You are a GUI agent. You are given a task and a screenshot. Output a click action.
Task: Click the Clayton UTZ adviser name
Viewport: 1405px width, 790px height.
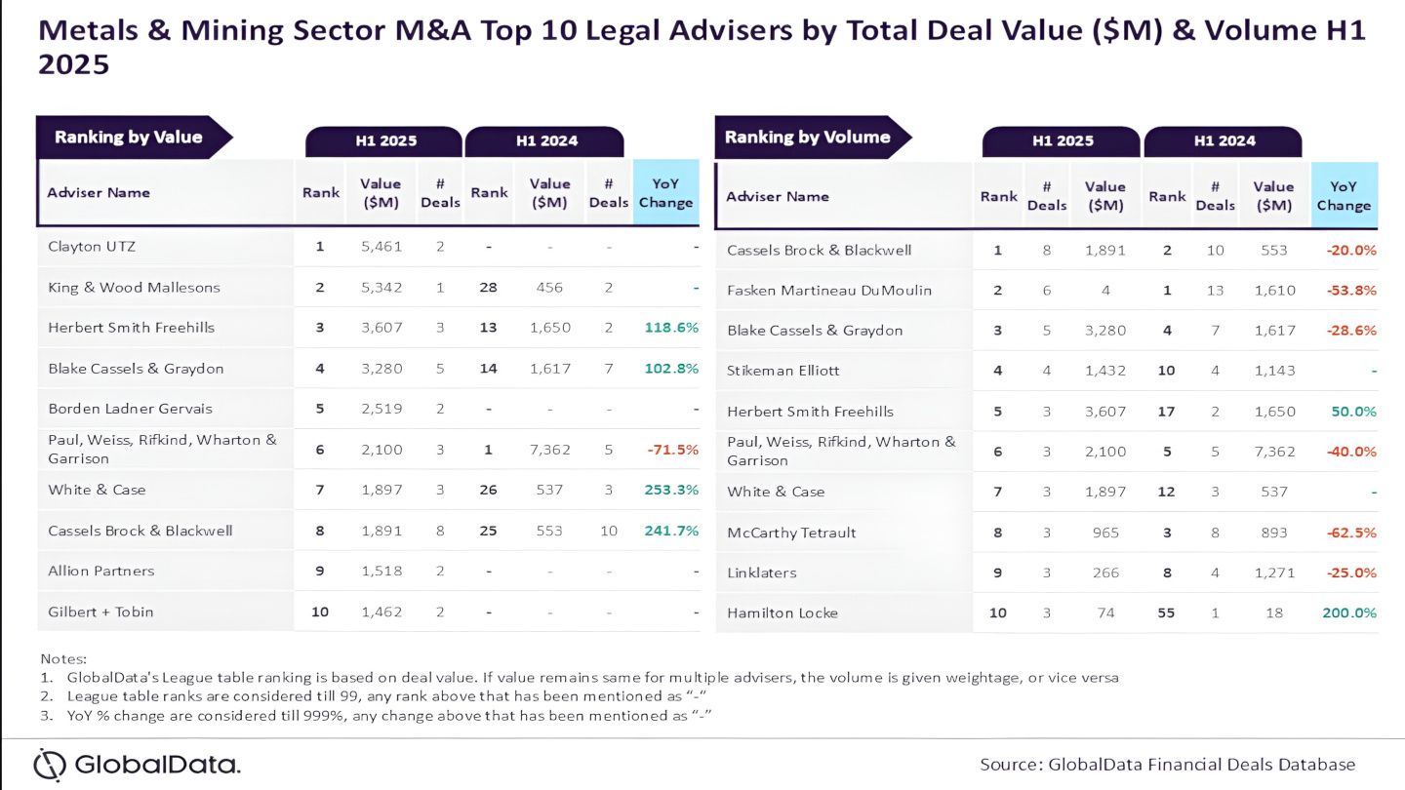(x=92, y=247)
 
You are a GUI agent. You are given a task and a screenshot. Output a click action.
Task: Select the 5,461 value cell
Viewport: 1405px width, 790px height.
(x=380, y=247)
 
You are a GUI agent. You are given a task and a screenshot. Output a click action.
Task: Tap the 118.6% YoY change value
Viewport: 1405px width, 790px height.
(x=671, y=328)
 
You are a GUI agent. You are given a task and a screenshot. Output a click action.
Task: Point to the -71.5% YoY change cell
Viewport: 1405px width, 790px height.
(x=672, y=450)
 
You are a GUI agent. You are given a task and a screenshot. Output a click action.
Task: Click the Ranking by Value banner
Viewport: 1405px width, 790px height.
(x=129, y=138)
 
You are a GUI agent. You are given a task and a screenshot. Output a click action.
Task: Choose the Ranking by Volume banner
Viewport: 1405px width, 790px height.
(x=807, y=138)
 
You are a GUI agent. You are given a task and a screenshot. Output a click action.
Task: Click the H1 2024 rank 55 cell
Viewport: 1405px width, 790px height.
(x=1166, y=613)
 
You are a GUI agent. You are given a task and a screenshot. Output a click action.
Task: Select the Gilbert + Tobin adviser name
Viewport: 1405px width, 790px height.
(x=100, y=612)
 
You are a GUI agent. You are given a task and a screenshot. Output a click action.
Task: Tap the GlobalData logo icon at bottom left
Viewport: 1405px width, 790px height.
(x=50, y=764)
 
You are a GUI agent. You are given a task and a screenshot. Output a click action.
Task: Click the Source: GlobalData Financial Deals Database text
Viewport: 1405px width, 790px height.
(x=1167, y=764)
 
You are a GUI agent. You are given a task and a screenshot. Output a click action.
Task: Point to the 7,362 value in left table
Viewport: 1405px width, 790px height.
(x=549, y=450)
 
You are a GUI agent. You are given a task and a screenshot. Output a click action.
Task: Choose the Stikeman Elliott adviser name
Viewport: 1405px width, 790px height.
(x=783, y=371)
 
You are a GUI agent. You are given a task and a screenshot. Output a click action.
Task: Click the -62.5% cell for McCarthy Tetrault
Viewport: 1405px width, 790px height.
(x=1351, y=533)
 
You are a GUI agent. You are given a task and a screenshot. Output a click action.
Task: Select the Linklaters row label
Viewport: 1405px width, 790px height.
(x=761, y=573)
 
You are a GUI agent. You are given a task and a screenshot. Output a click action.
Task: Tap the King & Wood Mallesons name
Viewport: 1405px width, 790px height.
(x=134, y=288)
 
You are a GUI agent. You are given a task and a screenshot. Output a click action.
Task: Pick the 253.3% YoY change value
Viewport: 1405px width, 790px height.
(x=671, y=490)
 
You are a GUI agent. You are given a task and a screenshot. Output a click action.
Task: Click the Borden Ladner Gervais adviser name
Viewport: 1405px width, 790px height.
(x=130, y=409)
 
